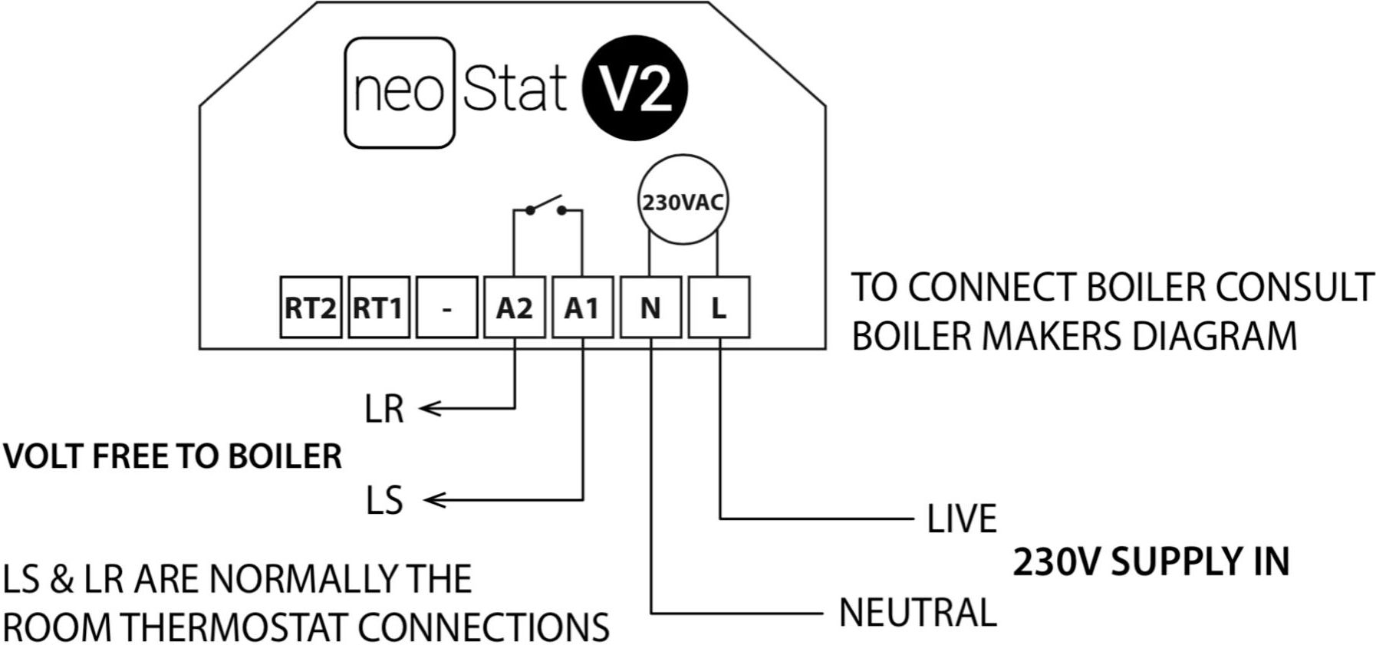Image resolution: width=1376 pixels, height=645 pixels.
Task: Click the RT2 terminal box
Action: pos(310,308)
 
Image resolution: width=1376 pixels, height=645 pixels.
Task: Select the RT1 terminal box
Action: pos(378,308)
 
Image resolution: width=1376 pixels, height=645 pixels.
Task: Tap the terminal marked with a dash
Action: pos(446,308)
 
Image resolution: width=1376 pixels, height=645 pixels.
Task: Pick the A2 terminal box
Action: pos(514,308)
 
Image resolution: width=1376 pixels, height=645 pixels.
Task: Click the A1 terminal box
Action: pos(582,308)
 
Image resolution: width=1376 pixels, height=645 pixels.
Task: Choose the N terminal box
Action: pos(650,308)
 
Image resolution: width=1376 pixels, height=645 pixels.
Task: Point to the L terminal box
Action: pos(719,308)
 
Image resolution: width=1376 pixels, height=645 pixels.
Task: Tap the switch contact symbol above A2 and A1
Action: pos(545,206)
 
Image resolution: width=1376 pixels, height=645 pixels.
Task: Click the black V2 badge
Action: pos(635,90)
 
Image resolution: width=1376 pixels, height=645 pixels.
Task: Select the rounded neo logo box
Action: pos(400,93)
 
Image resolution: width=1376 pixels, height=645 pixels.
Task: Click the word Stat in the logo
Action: pos(515,90)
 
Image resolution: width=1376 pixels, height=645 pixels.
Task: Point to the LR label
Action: pos(384,409)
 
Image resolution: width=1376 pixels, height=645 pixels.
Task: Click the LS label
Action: pos(384,501)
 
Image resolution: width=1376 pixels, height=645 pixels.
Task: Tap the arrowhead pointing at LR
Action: pos(430,409)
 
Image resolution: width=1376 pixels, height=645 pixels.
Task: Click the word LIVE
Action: pos(961,519)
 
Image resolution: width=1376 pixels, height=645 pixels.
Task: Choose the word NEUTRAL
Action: pos(917,613)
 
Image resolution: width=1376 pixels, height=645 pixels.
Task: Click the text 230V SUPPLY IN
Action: pos(1151,562)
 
